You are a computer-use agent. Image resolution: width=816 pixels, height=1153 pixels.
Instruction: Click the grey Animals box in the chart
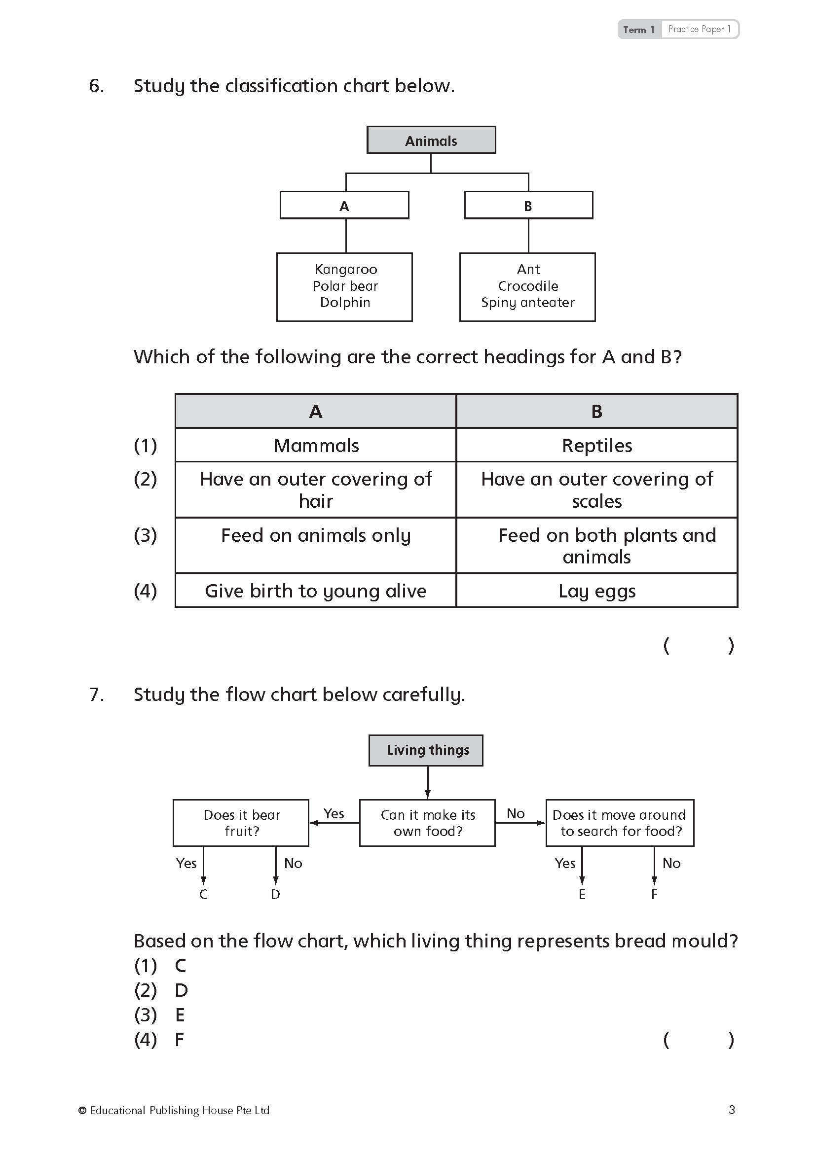431,140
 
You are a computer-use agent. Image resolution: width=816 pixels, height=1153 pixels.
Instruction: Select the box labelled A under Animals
344,206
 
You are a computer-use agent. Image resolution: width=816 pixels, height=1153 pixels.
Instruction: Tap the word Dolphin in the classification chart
345,303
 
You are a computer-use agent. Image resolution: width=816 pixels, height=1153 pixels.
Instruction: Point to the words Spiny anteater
527,303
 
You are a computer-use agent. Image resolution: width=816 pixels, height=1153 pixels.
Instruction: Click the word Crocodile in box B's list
528,286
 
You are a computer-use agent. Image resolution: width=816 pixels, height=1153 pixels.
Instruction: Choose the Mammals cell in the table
316,446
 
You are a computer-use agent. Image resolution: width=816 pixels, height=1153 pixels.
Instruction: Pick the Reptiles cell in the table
597,446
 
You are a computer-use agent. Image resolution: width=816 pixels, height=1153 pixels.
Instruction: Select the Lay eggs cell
597,591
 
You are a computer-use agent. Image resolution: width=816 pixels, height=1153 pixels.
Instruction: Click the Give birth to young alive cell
316,591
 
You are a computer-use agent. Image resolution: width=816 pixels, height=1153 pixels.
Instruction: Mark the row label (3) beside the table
145,535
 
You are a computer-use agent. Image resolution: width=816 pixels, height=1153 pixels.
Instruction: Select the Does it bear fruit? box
241,823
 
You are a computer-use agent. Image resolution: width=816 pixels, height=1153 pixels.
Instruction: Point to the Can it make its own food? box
428,823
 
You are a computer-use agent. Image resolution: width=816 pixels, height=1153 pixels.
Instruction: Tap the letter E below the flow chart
582,894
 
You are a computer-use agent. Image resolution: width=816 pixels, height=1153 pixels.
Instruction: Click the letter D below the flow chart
275,894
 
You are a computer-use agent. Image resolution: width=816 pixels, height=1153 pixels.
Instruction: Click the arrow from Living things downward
428,782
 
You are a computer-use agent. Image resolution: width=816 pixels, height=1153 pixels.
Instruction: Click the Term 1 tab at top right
639,30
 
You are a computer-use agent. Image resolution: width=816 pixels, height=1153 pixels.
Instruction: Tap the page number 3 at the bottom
732,1110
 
